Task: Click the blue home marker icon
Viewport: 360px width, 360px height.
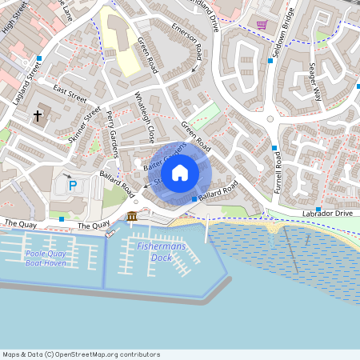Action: [180, 173]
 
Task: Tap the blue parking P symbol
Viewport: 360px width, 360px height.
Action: [73, 186]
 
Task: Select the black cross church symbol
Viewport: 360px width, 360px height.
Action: [38, 117]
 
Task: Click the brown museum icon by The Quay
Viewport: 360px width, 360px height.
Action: [132, 217]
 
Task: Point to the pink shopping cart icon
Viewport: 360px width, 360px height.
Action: [262, 25]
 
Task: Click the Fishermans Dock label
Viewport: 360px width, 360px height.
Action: [161, 252]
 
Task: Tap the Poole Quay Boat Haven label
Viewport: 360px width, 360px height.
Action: [46, 258]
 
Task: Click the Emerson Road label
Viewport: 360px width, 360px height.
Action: [187, 41]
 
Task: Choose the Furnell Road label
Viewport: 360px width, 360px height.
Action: [278, 170]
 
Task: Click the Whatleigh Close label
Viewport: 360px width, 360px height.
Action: [144, 121]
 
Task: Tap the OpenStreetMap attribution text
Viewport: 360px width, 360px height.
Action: [81, 354]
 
